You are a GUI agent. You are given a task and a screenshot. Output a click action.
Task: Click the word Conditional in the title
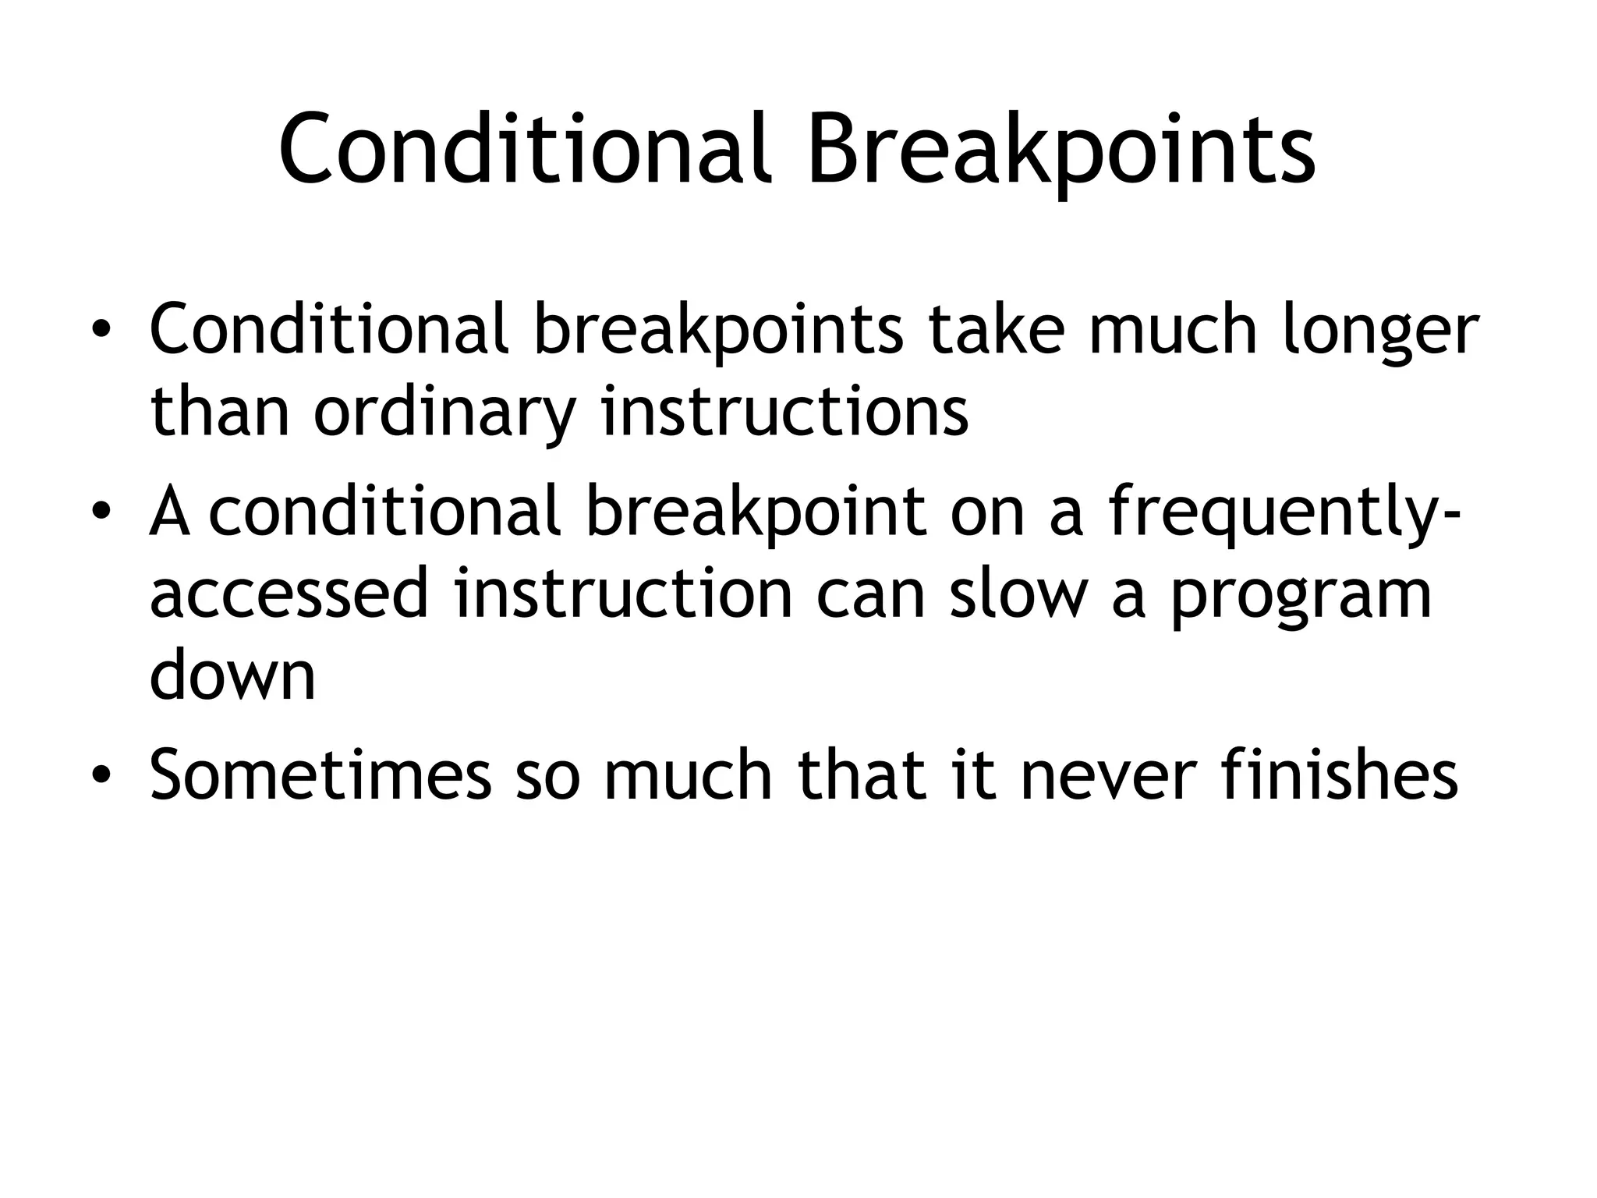click(524, 150)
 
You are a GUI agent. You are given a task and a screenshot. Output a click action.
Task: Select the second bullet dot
click(101, 512)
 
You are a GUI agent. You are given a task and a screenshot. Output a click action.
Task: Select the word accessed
click(289, 594)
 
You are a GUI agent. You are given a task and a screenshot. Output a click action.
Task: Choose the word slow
click(1018, 594)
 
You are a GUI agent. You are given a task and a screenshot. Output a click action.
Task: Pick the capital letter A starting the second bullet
click(170, 513)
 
